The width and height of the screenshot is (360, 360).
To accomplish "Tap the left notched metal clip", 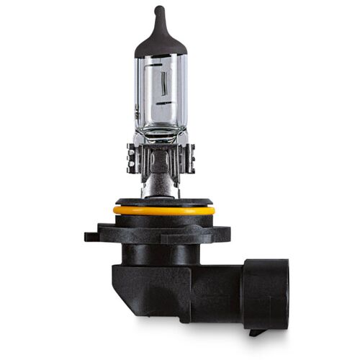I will click(133, 158).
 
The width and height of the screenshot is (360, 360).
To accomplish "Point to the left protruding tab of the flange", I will click(91, 235).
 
